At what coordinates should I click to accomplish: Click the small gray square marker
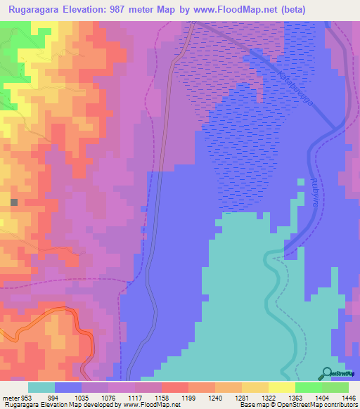[x=13, y=202]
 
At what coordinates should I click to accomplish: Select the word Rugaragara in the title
[x=33, y=9]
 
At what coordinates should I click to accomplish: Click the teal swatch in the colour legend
[x=41, y=387]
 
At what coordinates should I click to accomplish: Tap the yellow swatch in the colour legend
[x=281, y=387]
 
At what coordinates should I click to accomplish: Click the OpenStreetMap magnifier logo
[x=327, y=372]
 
